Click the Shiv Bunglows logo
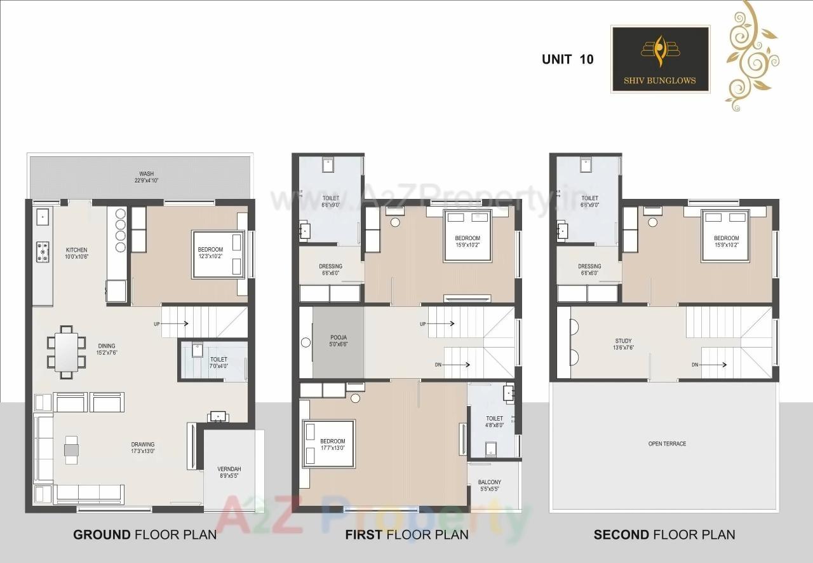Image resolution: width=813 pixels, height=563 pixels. pos(660,59)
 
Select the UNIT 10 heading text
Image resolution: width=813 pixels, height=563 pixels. pos(567,59)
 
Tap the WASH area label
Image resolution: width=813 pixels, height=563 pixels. pos(147,177)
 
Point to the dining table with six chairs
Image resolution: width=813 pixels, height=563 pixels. pos(66,351)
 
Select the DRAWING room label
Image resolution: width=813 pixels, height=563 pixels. pos(143,448)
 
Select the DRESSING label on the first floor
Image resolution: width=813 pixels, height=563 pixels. pos(330,269)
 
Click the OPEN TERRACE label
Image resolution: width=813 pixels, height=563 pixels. pos(667,444)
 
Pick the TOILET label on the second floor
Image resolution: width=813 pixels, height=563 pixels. pos(589,201)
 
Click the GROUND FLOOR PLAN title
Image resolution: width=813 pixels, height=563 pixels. pos(145,534)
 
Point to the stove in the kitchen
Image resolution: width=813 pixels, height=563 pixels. pos(43,252)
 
